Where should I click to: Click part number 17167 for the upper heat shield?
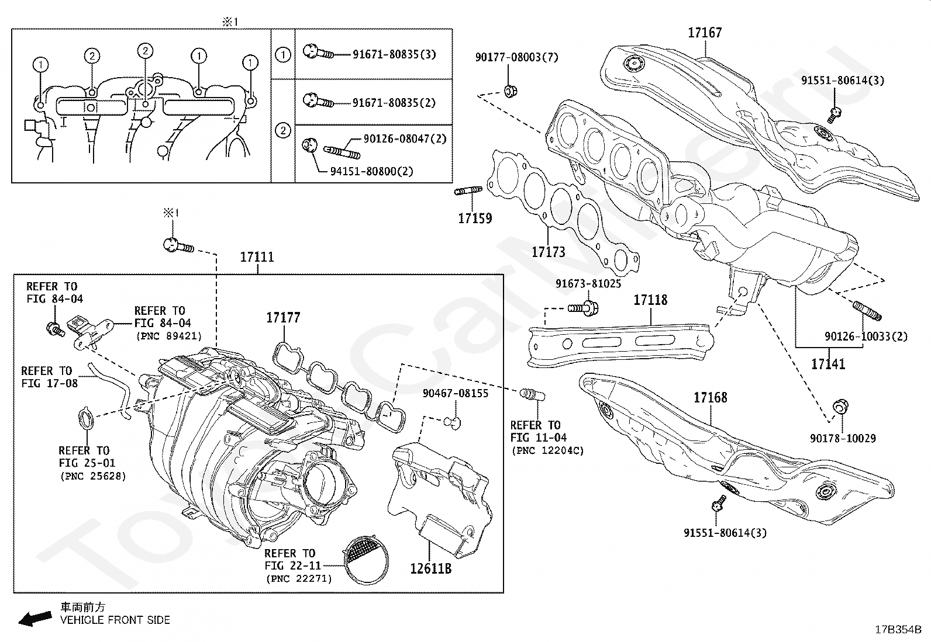[x=705, y=33]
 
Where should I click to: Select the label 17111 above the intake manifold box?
[x=257, y=257]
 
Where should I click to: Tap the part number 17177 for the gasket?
[x=283, y=318]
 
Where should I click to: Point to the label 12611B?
[x=430, y=568]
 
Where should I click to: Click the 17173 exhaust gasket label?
[x=548, y=252]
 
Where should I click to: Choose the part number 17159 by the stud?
[x=475, y=218]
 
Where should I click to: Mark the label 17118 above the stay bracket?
[x=650, y=300]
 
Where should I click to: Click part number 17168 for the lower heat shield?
[x=711, y=398]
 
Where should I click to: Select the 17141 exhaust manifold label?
[x=828, y=365]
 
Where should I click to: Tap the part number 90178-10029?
[x=843, y=438]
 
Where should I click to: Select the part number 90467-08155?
[x=455, y=394]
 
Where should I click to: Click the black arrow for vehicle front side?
[x=35, y=618]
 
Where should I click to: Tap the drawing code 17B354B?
[x=898, y=630]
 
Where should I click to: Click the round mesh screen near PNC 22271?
[x=365, y=558]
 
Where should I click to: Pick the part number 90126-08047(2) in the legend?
[x=405, y=139]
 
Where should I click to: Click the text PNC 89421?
[x=168, y=336]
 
